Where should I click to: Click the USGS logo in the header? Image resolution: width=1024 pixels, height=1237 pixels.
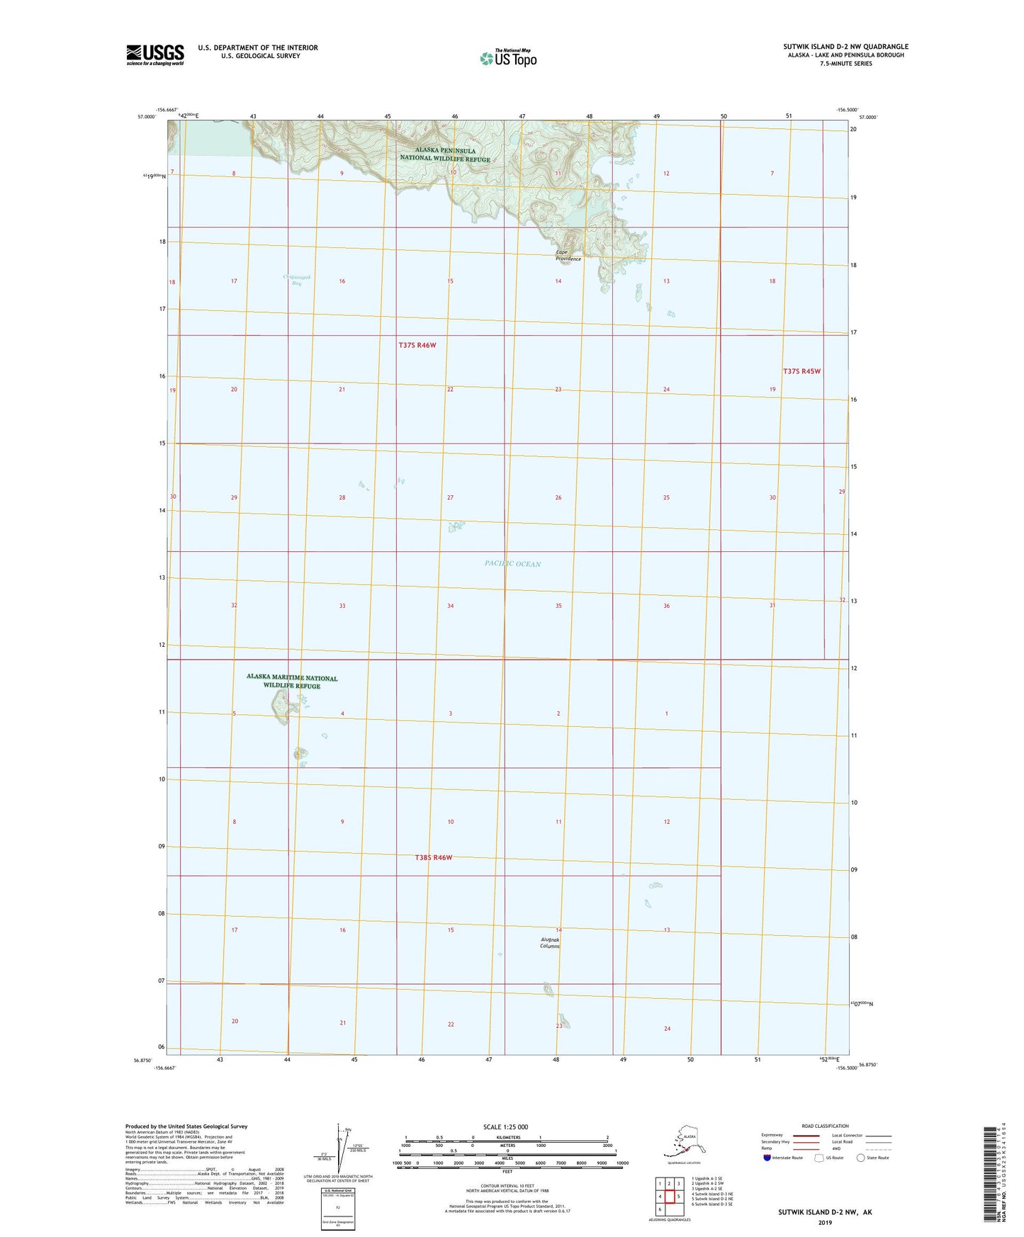click(x=154, y=55)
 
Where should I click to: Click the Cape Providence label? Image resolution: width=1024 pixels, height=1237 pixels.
click(x=568, y=256)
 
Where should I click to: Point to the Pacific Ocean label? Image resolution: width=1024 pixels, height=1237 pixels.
click(x=512, y=564)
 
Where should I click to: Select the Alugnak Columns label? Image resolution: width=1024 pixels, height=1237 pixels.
click(x=550, y=942)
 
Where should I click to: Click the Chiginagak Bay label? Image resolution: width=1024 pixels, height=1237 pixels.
click(x=292, y=280)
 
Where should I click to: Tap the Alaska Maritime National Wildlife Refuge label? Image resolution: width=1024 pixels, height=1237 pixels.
click(x=292, y=682)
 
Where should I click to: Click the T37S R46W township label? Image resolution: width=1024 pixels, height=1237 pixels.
click(x=417, y=345)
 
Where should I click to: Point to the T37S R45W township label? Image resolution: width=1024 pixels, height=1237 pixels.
click(x=801, y=371)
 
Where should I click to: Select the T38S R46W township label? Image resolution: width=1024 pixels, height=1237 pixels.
click(x=433, y=857)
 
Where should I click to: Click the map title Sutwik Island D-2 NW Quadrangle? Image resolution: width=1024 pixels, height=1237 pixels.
click(x=843, y=47)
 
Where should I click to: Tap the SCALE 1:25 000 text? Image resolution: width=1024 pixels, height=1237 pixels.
click(x=506, y=1127)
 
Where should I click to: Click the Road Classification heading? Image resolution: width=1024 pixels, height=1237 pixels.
click(x=825, y=1126)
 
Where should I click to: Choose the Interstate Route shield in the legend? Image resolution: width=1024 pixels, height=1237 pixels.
click(x=767, y=1158)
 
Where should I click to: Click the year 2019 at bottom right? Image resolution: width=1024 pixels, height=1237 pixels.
click(x=824, y=1222)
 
